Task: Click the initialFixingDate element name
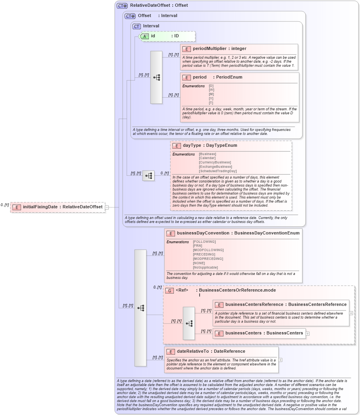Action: point(40,207)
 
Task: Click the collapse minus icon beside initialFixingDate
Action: point(107,207)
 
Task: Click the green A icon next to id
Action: point(145,36)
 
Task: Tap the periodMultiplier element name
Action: point(210,49)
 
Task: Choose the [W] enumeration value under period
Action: point(211,90)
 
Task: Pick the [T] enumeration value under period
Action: point(211,103)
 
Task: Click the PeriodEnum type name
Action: point(229,77)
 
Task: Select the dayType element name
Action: point(192,146)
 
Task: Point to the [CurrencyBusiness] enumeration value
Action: point(215,162)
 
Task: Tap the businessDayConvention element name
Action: point(203,233)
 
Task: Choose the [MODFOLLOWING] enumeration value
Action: point(208,250)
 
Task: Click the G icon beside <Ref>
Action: point(169,290)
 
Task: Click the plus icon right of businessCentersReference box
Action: point(351,313)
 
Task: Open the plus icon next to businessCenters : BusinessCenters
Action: point(308,333)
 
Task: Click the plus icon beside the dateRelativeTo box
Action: point(281,360)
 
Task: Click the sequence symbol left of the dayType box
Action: point(148,176)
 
